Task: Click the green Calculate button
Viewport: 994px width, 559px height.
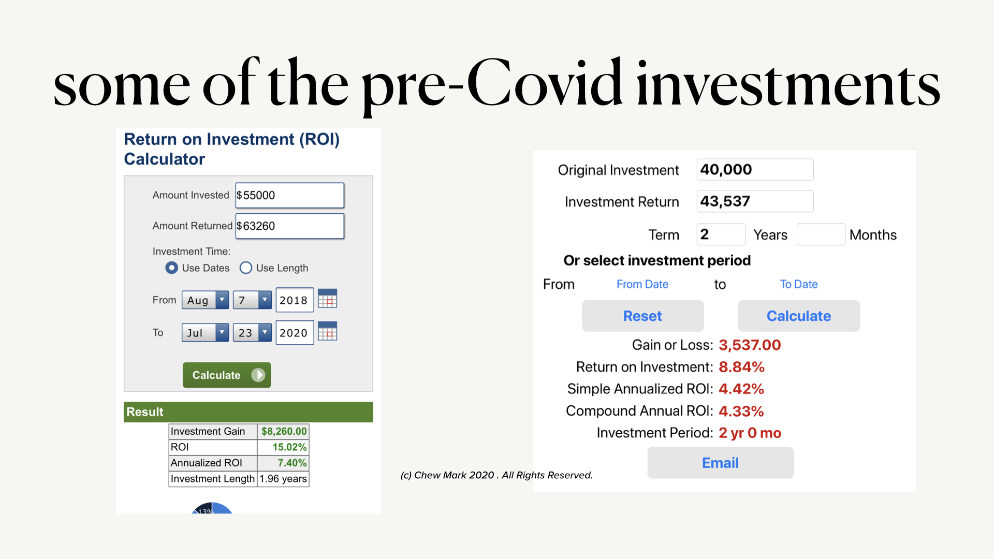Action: pos(227,375)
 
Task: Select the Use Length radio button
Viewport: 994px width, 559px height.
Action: pos(246,268)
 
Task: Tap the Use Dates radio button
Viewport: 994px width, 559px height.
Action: pos(171,268)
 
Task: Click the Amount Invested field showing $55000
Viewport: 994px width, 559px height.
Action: pos(290,195)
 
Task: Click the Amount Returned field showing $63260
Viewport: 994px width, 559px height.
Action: pos(290,226)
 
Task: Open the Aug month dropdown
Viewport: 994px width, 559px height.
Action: pos(205,300)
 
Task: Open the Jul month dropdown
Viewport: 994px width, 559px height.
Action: pos(205,332)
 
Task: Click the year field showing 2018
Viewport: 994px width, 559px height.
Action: pos(295,300)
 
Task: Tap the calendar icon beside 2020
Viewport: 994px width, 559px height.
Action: pos(327,331)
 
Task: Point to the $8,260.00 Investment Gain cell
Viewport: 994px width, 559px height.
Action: pos(283,431)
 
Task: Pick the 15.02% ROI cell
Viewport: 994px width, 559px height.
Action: pos(283,447)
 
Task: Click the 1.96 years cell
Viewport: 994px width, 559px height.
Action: pos(283,479)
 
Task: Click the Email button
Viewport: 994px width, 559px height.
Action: pos(720,463)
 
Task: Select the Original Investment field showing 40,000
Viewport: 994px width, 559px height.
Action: pos(755,169)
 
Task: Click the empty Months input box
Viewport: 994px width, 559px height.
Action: pos(821,234)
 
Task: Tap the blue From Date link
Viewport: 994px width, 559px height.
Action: pos(642,284)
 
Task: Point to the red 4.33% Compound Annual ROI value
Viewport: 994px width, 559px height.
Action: pos(741,411)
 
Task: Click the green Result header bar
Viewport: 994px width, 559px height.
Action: pos(248,412)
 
